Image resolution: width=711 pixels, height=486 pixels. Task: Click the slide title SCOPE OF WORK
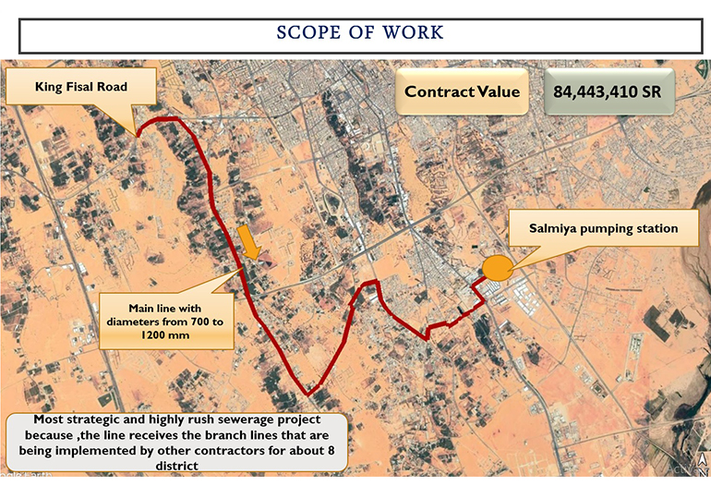click(x=360, y=33)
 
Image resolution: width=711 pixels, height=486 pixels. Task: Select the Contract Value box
click(x=462, y=91)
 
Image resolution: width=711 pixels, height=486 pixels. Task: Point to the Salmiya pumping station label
click(x=603, y=228)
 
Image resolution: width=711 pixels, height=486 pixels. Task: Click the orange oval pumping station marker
click(x=498, y=268)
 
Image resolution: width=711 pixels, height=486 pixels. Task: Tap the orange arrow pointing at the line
click(x=249, y=243)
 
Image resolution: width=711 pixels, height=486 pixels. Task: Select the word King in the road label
click(x=50, y=87)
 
